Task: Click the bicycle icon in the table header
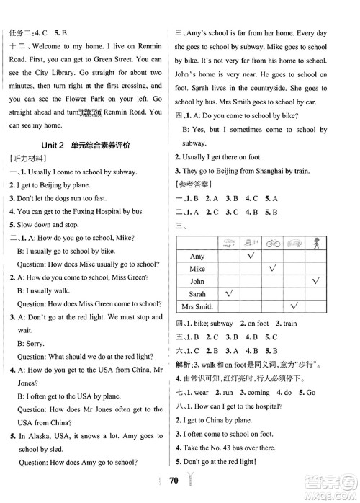click(x=272, y=244)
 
